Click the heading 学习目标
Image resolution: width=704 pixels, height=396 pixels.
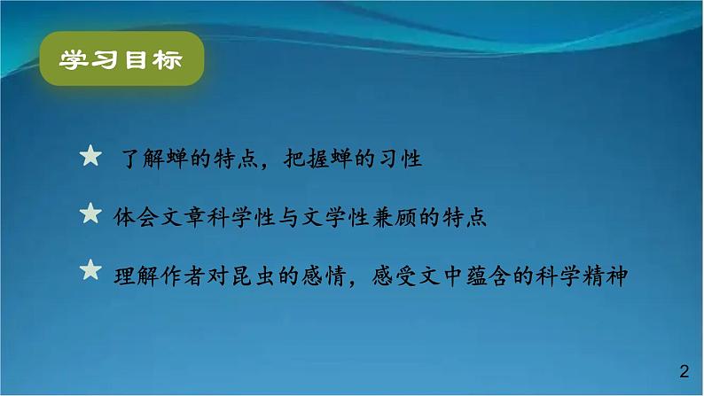pyautogui.click(x=121, y=60)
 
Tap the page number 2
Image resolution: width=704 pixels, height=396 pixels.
pyautogui.click(x=683, y=370)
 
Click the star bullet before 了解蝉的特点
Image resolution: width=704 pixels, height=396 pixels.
pyautogui.click(x=90, y=157)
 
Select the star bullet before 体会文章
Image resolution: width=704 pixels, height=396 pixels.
pyautogui.click(x=90, y=214)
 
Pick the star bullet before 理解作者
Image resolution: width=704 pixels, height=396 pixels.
pyautogui.click(x=90, y=269)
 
